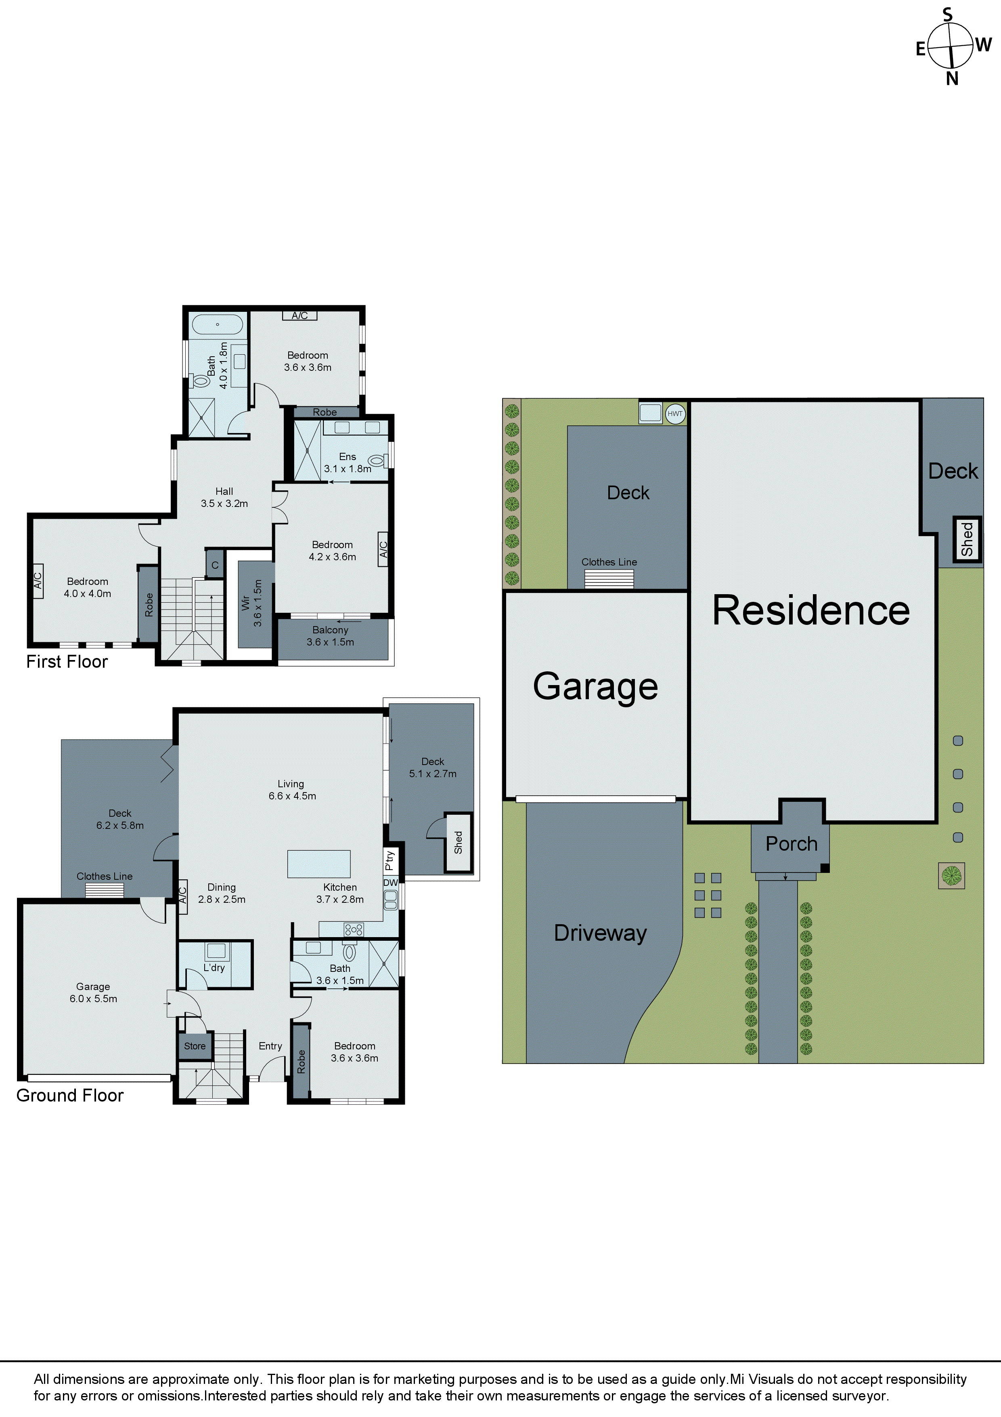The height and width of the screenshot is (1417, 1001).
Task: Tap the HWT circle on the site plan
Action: (x=675, y=414)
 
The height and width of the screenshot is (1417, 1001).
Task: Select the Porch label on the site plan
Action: (x=791, y=844)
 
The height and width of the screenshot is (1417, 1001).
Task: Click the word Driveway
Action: (x=600, y=933)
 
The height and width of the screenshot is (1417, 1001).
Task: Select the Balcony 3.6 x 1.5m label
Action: (x=331, y=636)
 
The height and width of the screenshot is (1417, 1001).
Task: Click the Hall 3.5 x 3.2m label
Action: (x=224, y=497)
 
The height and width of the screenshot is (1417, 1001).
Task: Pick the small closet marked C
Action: (x=215, y=565)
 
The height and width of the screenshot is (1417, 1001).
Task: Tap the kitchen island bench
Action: (x=319, y=863)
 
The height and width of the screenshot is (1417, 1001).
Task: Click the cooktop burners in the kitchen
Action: (x=354, y=929)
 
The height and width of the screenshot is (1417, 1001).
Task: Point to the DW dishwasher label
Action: (x=390, y=883)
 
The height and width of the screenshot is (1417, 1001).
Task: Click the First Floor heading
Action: (x=67, y=662)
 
